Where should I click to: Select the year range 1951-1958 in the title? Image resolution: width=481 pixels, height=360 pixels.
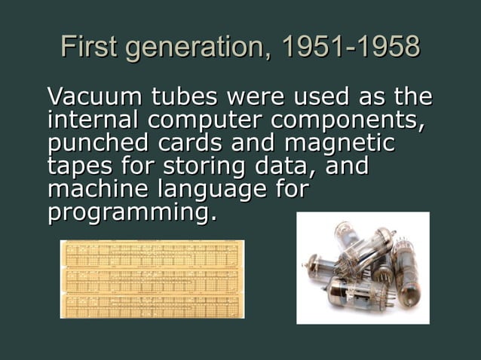(x=350, y=47)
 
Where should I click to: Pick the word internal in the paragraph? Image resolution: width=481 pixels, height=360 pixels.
(x=94, y=120)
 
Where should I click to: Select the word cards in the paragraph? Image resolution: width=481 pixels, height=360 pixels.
(x=188, y=143)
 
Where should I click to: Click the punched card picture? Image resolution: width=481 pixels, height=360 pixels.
(x=152, y=279)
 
